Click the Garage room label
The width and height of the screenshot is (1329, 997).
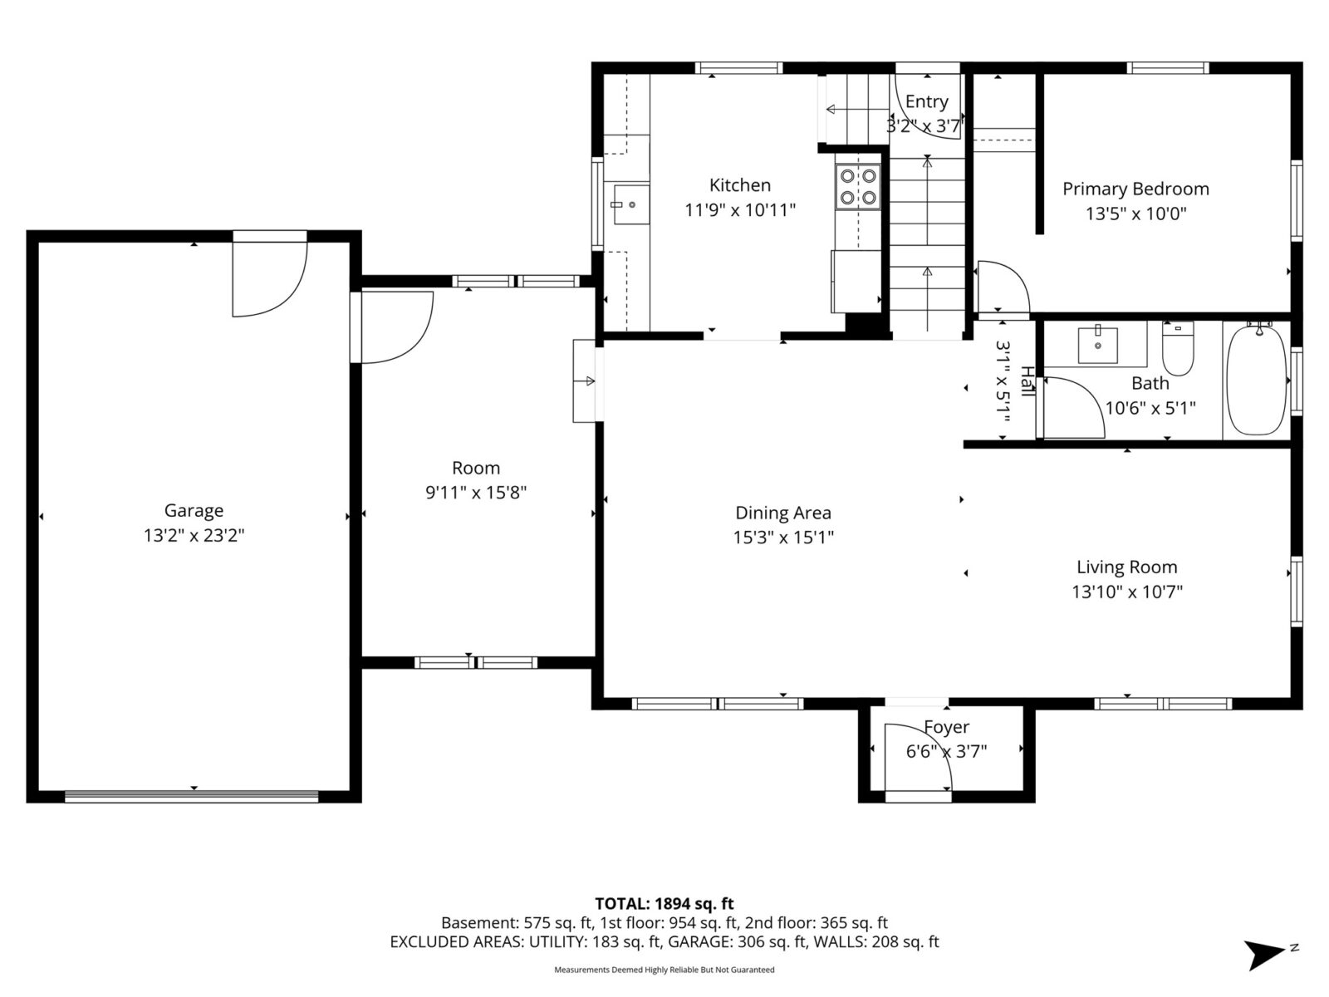coord(194,511)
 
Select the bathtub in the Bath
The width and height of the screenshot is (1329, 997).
coord(1257,380)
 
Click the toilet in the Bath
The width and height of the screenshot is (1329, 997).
coord(1178,349)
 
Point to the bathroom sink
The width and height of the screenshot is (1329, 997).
coord(1098,345)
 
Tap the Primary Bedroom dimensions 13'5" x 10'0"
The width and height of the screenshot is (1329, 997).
coord(1135,214)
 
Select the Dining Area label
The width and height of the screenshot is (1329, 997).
coord(783,513)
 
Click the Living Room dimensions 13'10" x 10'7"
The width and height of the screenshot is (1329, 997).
coord(1127,592)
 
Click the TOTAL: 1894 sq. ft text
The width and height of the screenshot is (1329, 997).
coord(664,904)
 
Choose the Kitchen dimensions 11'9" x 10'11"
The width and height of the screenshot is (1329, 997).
coord(740,210)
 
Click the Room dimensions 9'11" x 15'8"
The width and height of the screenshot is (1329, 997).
coord(476,493)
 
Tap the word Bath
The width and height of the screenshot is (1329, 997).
coord(1150,383)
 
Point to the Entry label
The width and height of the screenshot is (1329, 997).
coord(926,101)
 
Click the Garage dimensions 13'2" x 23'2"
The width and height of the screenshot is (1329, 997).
coord(194,536)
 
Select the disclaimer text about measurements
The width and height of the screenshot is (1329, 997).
coord(664,970)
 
